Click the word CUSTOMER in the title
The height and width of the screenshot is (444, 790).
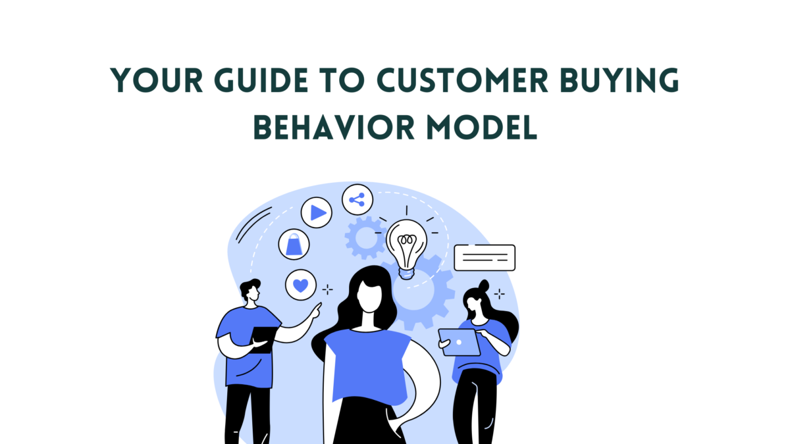coord(462,80)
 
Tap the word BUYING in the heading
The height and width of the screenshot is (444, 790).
coord(619,80)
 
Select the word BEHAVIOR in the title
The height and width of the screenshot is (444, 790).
coord(334,127)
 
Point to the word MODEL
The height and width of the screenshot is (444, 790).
coord(482,127)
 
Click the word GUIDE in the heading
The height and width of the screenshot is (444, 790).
coord(261,80)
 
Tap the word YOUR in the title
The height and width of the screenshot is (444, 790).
coord(156,80)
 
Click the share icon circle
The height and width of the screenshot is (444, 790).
coord(357,199)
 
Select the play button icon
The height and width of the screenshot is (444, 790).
coord(317,212)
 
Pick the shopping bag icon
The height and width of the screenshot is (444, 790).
coord(294,244)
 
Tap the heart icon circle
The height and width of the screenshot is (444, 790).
coord(301,285)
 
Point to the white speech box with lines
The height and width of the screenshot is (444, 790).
coord(485,258)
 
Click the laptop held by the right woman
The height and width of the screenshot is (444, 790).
coord(460,342)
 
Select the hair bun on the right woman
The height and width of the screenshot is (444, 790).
coord(484,285)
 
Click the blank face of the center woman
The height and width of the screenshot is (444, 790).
coord(369,296)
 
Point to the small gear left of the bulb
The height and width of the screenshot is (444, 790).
coord(366,238)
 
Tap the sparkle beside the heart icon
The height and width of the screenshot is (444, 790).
coord(328,289)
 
